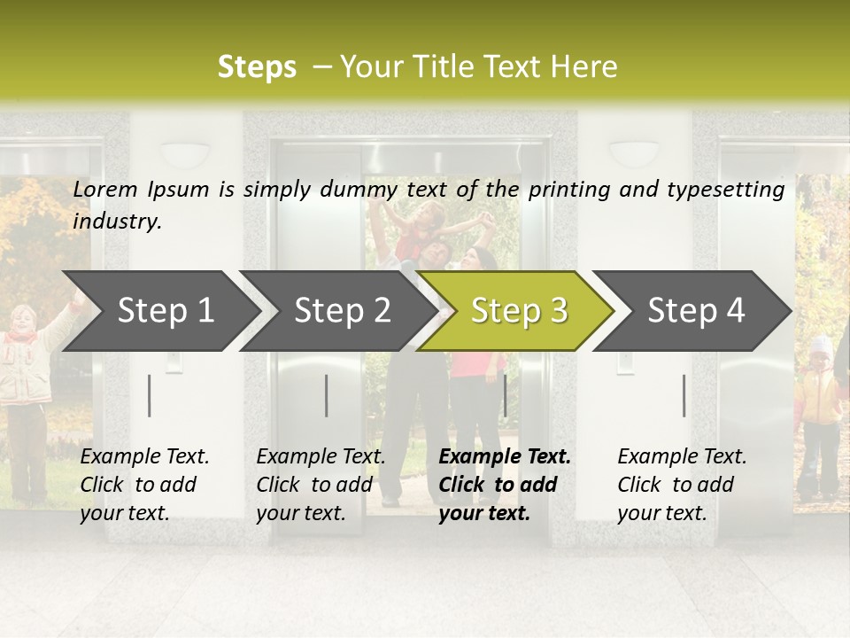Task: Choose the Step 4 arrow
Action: click(x=696, y=311)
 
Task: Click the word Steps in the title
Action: click(x=257, y=67)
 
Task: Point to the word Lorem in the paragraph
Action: click(x=105, y=189)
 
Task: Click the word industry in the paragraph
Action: click(x=116, y=222)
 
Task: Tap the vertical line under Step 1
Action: click(x=150, y=395)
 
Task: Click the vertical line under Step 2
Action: click(x=327, y=395)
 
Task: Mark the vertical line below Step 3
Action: click(x=505, y=395)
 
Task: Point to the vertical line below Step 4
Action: click(x=684, y=395)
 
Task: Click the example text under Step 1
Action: click(x=144, y=485)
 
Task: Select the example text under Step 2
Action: click(x=321, y=485)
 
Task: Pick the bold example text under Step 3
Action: click(x=505, y=485)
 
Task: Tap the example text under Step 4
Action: click(x=682, y=485)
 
